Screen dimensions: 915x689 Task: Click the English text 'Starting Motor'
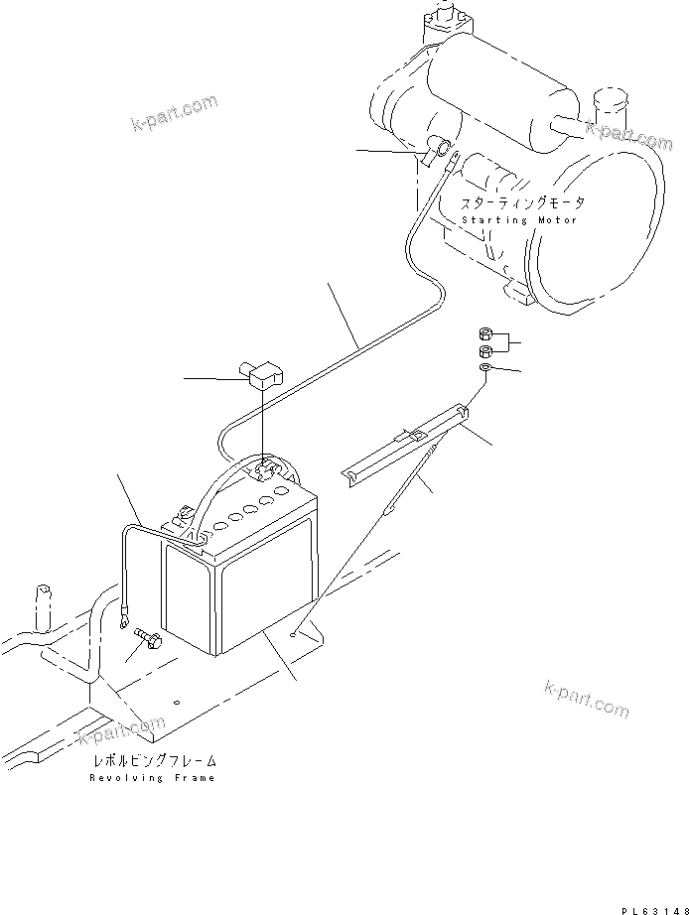(519, 219)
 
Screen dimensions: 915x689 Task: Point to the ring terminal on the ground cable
(123, 622)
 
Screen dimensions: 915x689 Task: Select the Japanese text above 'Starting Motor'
(521, 202)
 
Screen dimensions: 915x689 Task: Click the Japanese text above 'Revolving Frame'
(154, 760)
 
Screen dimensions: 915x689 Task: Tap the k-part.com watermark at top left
(172, 112)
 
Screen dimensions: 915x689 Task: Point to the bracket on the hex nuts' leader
(509, 343)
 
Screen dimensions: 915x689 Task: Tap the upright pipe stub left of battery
(44, 606)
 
